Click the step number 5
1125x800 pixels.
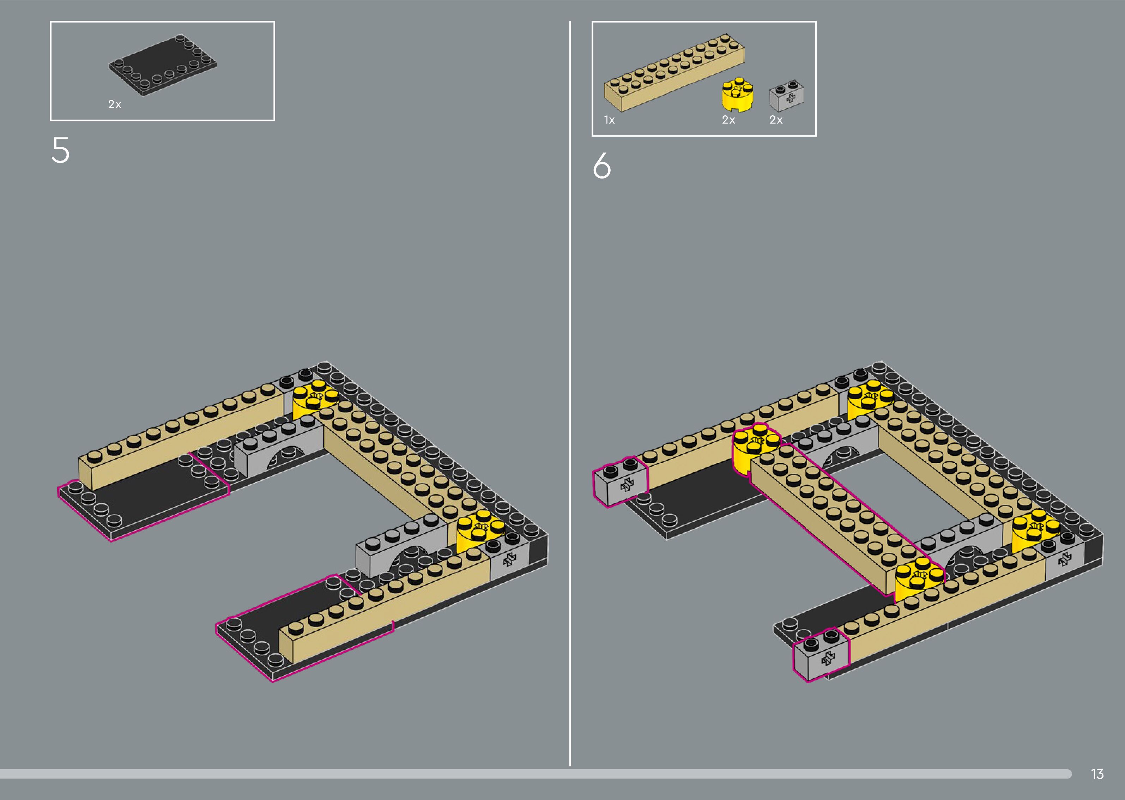(x=61, y=150)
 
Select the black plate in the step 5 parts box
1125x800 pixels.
(x=163, y=65)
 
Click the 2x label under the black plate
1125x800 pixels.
(x=115, y=104)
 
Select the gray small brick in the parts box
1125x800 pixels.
(x=787, y=96)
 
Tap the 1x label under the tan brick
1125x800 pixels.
(x=609, y=120)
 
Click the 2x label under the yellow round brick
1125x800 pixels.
(x=728, y=120)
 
